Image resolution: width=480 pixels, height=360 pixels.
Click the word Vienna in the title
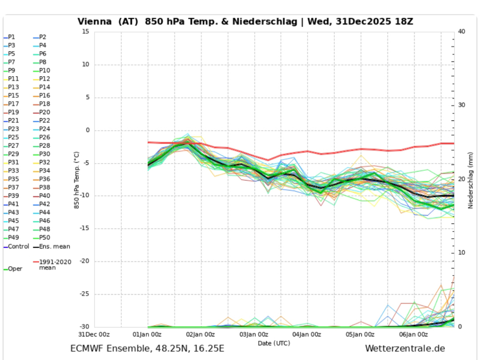94,22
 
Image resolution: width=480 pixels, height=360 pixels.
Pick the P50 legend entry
45,238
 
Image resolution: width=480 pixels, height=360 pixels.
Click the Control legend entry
18,246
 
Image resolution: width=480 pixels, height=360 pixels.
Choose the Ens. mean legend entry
54,246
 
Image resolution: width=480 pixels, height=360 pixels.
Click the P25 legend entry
13,137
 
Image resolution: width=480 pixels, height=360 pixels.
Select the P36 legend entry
45,179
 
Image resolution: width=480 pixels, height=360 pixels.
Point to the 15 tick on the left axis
85,32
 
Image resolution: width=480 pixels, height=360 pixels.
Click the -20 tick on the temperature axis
84,262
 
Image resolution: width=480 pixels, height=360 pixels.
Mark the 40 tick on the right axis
462,32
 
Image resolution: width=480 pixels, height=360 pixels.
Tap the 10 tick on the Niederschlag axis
462,253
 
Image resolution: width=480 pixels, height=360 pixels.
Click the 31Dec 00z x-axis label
94,334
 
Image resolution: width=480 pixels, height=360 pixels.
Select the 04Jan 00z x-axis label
307,334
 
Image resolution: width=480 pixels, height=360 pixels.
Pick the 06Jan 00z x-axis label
413,334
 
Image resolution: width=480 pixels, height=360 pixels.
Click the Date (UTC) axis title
274,343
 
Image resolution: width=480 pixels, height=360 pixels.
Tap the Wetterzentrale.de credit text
405,349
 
